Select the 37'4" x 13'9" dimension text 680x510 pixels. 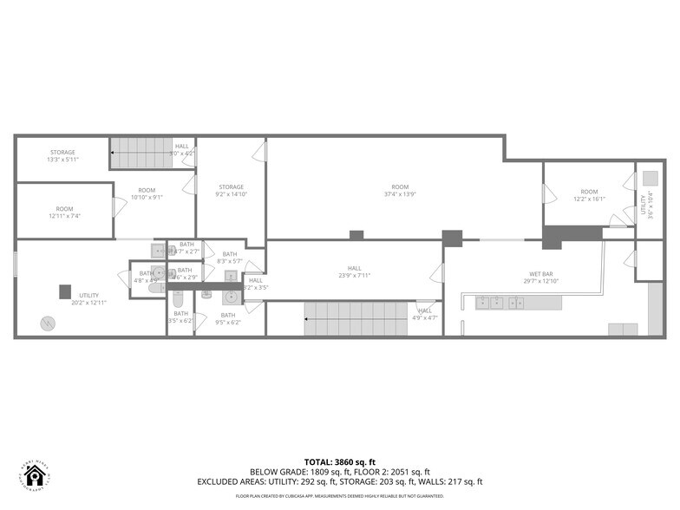point(399,195)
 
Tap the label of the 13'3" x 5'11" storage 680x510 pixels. point(62,160)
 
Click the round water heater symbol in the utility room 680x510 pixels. point(46,324)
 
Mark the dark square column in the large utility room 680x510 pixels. point(64,291)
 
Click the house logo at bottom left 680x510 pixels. point(35,474)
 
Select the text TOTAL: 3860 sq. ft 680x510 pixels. point(339,461)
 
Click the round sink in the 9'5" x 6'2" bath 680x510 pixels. point(231,298)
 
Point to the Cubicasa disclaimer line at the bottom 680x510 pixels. point(339,497)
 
